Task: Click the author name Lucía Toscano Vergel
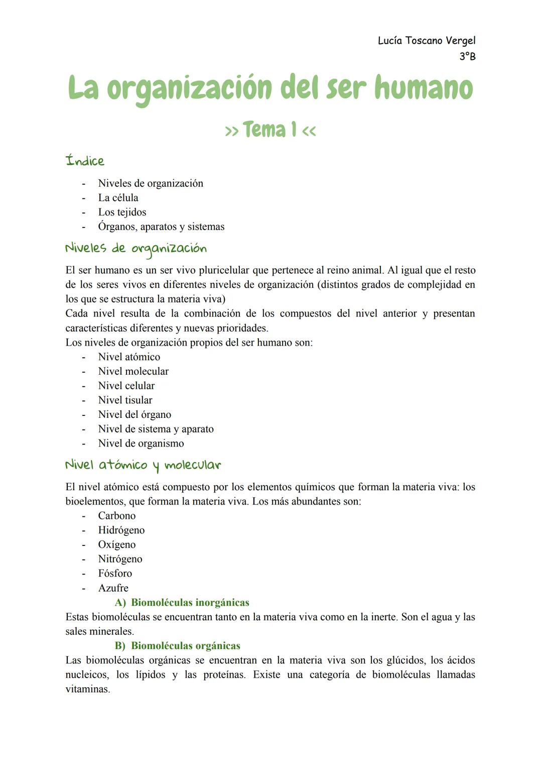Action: tap(426, 41)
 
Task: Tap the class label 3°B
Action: tap(467, 56)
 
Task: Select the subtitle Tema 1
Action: tap(270, 130)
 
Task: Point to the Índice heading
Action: tap(85, 161)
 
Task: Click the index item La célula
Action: tap(118, 198)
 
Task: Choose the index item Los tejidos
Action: tap(122, 212)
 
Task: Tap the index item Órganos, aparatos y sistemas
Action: tap(161, 227)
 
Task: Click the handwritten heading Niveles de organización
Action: tap(135, 248)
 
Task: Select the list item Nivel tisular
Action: tap(125, 400)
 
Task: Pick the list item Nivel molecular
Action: tap(133, 372)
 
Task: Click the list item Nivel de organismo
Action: tap(141, 444)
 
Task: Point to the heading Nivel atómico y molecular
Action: tap(143, 465)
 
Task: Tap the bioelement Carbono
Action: tap(116, 516)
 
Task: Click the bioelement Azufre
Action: tap(113, 588)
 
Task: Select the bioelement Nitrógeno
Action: tap(120, 559)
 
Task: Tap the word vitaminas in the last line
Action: tap(87, 689)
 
